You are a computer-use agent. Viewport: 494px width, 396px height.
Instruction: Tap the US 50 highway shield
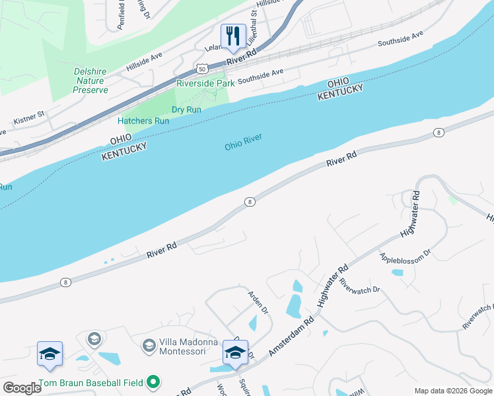click(x=201, y=69)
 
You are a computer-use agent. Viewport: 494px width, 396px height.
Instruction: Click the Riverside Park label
click(x=205, y=83)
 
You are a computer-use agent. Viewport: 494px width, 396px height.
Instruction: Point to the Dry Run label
click(x=186, y=110)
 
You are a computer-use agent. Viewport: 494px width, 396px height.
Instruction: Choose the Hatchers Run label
click(x=143, y=121)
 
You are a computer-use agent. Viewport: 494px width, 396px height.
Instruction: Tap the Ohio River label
click(x=243, y=141)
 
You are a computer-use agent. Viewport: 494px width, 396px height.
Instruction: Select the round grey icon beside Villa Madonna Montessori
click(x=149, y=345)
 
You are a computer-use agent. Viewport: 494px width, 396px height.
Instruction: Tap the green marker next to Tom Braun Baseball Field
click(x=154, y=381)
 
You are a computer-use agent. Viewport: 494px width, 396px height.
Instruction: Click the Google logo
click(x=22, y=388)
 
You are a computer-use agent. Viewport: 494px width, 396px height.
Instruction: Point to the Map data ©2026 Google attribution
click(x=453, y=391)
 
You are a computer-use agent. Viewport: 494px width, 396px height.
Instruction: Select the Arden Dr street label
click(x=258, y=302)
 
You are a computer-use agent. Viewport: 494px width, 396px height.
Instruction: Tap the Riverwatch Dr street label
click(x=360, y=285)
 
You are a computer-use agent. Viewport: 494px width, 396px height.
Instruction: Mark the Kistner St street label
click(x=29, y=118)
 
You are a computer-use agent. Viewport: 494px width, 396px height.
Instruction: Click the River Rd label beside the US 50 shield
click(x=240, y=57)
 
